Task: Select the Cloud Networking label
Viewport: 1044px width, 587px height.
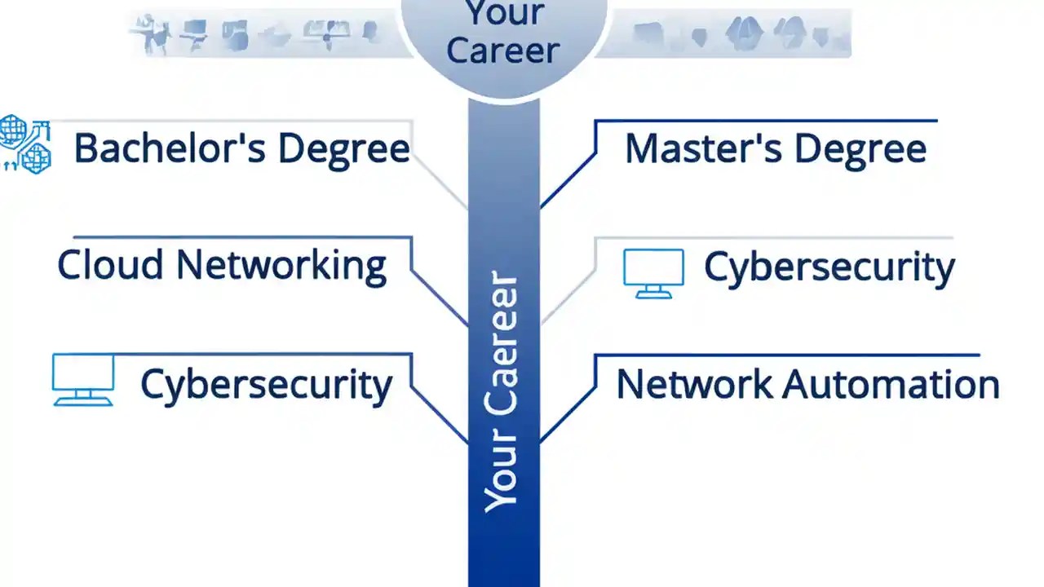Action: click(222, 266)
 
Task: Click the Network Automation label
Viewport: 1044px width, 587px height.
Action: click(807, 384)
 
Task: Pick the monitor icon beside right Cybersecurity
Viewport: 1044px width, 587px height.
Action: click(653, 272)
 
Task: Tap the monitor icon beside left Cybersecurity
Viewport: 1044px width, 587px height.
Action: click(82, 379)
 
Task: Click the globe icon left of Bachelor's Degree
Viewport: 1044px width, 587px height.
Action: click(24, 144)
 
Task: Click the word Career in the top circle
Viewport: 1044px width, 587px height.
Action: click(503, 51)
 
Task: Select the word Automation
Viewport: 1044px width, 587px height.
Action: click(891, 384)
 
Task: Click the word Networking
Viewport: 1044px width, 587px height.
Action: click(281, 266)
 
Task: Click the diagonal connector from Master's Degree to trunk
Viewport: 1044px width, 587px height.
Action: click(568, 180)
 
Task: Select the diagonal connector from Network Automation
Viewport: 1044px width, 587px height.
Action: click(568, 414)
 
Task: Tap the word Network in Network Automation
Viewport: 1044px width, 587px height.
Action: click(693, 384)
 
